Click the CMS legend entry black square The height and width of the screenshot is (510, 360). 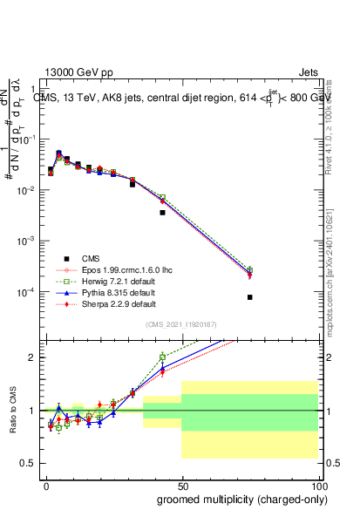66,259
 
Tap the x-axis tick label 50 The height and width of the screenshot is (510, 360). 184,486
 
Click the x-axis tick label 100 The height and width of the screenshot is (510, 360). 320,486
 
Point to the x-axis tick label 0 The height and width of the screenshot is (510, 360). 47,486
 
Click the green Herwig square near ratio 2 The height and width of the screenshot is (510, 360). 162,357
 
